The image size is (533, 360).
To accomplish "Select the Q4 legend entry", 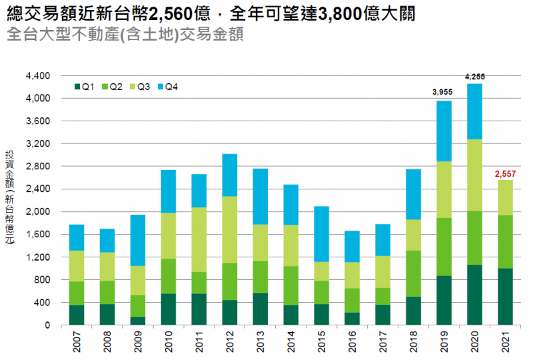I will pyautogui.click(x=167, y=87).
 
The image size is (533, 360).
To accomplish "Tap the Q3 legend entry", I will pyautogui.click(x=139, y=87).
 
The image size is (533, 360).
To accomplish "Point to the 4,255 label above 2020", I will pyautogui.click(x=474, y=77).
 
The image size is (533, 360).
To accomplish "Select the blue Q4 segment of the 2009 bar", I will pyautogui.click(x=137, y=240).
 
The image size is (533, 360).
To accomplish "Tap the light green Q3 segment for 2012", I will pyautogui.click(x=229, y=229).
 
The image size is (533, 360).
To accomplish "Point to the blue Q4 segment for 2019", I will pyautogui.click(x=443, y=131).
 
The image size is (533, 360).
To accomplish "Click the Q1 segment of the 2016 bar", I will pyautogui.click(x=351, y=319).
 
